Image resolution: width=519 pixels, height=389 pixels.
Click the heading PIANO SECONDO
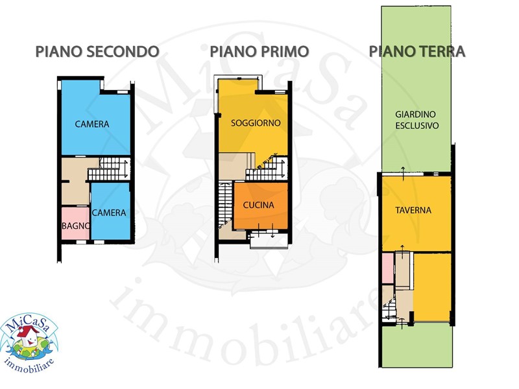point(97,52)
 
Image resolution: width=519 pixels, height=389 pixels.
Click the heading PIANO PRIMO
point(259,52)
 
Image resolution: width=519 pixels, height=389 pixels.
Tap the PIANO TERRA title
point(417,52)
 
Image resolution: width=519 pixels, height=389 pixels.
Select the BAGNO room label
point(76,226)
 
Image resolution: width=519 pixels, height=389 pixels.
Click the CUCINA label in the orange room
point(258,205)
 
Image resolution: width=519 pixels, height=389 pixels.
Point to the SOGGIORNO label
point(256,123)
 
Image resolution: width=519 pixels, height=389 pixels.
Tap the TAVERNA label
point(413,210)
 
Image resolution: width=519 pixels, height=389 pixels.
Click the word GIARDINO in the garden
point(415,115)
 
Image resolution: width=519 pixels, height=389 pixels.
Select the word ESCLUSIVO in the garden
point(417,126)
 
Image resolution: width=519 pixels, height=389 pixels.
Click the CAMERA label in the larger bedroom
point(92,124)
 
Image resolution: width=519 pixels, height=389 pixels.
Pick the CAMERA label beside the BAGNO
point(109,213)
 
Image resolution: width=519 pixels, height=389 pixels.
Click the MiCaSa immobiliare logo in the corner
point(29,343)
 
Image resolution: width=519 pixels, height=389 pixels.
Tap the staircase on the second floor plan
point(109,169)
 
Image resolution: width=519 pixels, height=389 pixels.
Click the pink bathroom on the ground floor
point(387,268)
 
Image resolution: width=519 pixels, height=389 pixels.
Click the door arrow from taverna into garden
point(403,174)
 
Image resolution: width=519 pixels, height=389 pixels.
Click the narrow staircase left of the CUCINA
point(226,204)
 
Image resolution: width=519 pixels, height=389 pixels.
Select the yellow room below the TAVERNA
point(432,287)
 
